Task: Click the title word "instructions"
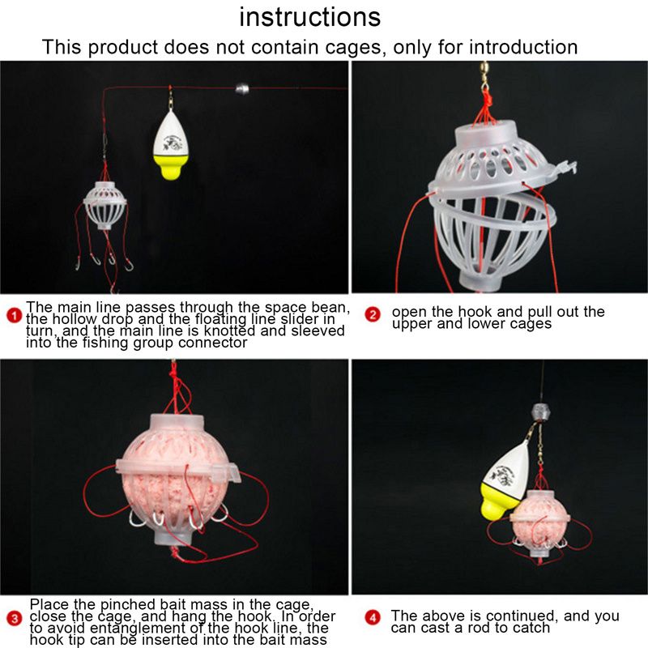tap(310, 17)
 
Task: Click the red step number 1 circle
tap(14, 316)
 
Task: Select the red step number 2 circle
tap(373, 315)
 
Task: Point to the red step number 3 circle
tap(15, 619)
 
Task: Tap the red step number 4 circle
tap(373, 618)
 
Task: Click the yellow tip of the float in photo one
tap(171, 166)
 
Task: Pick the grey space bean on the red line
tap(242, 88)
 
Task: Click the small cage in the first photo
tap(105, 206)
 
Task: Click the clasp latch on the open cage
tap(565, 168)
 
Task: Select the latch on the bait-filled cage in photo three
tap(226, 472)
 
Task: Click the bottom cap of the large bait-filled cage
tap(173, 538)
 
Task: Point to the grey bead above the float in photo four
tap(539, 412)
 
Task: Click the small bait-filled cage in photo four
tap(539, 524)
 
